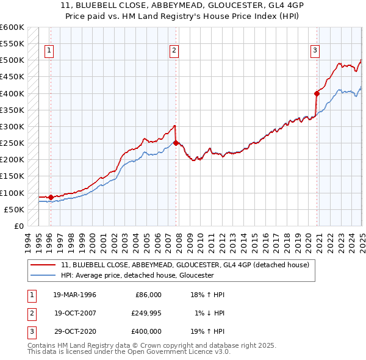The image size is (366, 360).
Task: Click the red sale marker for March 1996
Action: click(x=51, y=197)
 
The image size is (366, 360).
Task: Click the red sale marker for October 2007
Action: click(x=176, y=143)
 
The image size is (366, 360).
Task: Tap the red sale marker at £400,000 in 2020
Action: click(x=317, y=93)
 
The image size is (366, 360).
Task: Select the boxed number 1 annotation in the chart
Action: click(x=49, y=51)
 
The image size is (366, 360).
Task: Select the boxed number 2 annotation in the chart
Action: click(x=174, y=51)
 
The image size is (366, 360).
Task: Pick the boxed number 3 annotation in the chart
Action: click(x=315, y=51)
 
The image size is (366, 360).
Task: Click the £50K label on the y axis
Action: click(x=14, y=209)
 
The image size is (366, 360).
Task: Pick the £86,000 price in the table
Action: click(x=148, y=294)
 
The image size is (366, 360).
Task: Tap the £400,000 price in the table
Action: click(x=146, y=331)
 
